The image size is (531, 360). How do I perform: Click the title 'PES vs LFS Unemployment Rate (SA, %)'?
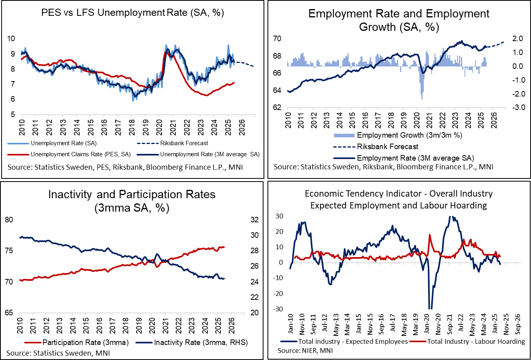pos(133,13)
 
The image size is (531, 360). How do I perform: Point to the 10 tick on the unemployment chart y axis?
pos(11,39)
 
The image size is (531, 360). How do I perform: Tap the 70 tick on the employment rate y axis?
pos(277,39)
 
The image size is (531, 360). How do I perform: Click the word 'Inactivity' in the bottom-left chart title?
pos(70,195)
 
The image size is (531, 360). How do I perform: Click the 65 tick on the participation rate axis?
pos(9,313)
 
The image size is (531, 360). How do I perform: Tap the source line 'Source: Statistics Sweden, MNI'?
pos(58,352)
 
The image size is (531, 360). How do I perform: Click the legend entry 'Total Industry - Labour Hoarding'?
pos(476,341)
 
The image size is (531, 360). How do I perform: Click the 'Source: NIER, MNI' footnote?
pos(305,351)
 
